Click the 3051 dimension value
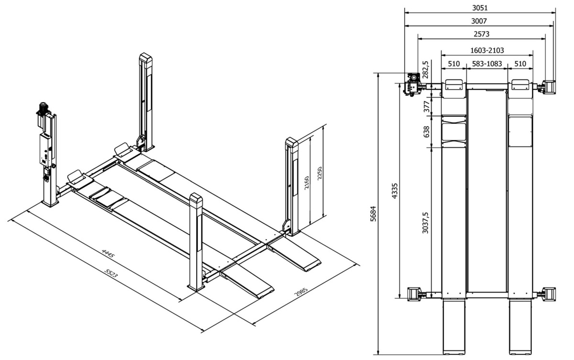[x=479, y=8]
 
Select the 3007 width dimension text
[x=479, y=21]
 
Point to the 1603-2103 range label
[x=487, y=50]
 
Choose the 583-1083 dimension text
[x=486, y=63]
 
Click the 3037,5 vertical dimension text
[x=426, y=223]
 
